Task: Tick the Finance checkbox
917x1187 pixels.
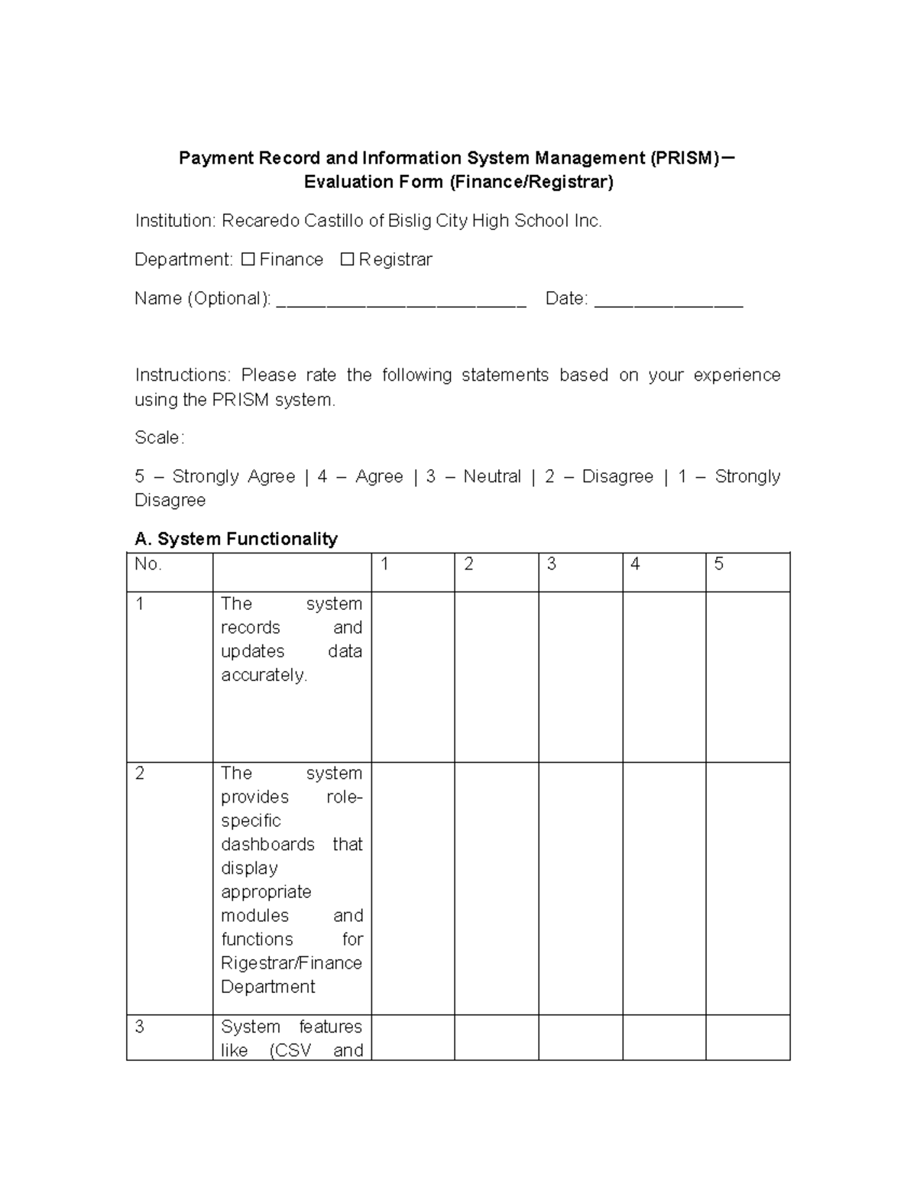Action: (248, 260)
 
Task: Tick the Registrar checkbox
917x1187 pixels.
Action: (347, 260)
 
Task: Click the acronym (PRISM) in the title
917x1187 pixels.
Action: (684, 158)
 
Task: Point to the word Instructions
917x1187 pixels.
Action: (182, 375)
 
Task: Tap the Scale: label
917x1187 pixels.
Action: (159, 438)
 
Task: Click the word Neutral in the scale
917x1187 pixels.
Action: (491, 477)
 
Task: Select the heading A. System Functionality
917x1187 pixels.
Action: (235, 539)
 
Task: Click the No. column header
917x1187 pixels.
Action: (148, 565)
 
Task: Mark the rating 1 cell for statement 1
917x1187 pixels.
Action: (413, 676)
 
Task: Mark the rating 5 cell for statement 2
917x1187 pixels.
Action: (747, 888)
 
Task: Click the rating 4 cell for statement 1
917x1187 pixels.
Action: (663, 676)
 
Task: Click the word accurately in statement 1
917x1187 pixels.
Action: (264, 676)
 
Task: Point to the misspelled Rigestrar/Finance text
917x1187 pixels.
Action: (291, 963)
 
